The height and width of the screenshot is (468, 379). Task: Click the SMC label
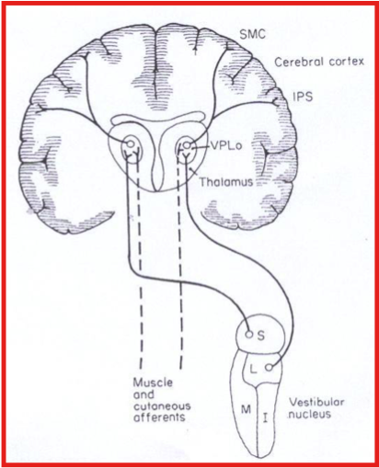[252, 34]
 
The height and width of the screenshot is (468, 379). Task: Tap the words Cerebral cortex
[319, 62]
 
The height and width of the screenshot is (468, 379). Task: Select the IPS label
[303, 97]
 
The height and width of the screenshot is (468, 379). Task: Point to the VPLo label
[226, 145]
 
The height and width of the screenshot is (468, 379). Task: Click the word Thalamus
[226, 182]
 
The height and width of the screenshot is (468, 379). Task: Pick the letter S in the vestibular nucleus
[260, 336]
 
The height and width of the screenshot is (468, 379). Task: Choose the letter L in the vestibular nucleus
[253, 371]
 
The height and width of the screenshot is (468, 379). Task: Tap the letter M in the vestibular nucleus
[246, 409]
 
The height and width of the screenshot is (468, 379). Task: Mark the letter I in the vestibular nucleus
[265, 417]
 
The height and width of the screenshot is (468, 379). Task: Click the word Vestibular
[317, 402]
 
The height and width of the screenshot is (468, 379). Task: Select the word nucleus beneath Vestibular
[310, 414]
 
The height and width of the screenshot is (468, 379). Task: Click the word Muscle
[153, 382]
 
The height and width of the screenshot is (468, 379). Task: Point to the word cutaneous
[162, 406]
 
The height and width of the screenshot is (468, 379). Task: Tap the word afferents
[159, 417]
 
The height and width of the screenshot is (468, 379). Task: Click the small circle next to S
[249, 334]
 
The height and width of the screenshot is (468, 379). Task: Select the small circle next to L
[269, 368]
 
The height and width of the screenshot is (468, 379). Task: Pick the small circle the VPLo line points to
[187, 146]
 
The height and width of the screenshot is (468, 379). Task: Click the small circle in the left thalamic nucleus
[130, 143]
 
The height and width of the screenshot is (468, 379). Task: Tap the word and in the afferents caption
[144, 394]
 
